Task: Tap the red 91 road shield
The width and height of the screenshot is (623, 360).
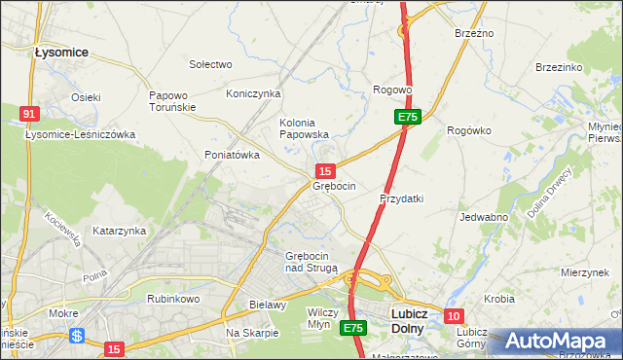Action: tap(29, 114)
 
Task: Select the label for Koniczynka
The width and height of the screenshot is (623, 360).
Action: tap(253, 93)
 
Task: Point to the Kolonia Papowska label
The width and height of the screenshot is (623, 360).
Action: tap(304, 128)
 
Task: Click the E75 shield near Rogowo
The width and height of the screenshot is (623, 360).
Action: tap(408, 117)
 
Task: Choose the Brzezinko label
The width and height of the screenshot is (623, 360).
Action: tap(559, 67)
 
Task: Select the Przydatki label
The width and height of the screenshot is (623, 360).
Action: tap(401, 198)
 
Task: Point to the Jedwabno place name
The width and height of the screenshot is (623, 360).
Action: tap(485, 217)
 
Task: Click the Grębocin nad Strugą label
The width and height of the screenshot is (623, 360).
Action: tap(311, 262)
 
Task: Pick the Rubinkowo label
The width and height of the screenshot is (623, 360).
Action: tap(172, 299)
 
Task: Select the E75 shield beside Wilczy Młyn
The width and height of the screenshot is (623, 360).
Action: tap(352, 329)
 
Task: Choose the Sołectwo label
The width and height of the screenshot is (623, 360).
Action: tap(210, 64)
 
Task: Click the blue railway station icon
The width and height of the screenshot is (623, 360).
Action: tap(77, 335)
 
